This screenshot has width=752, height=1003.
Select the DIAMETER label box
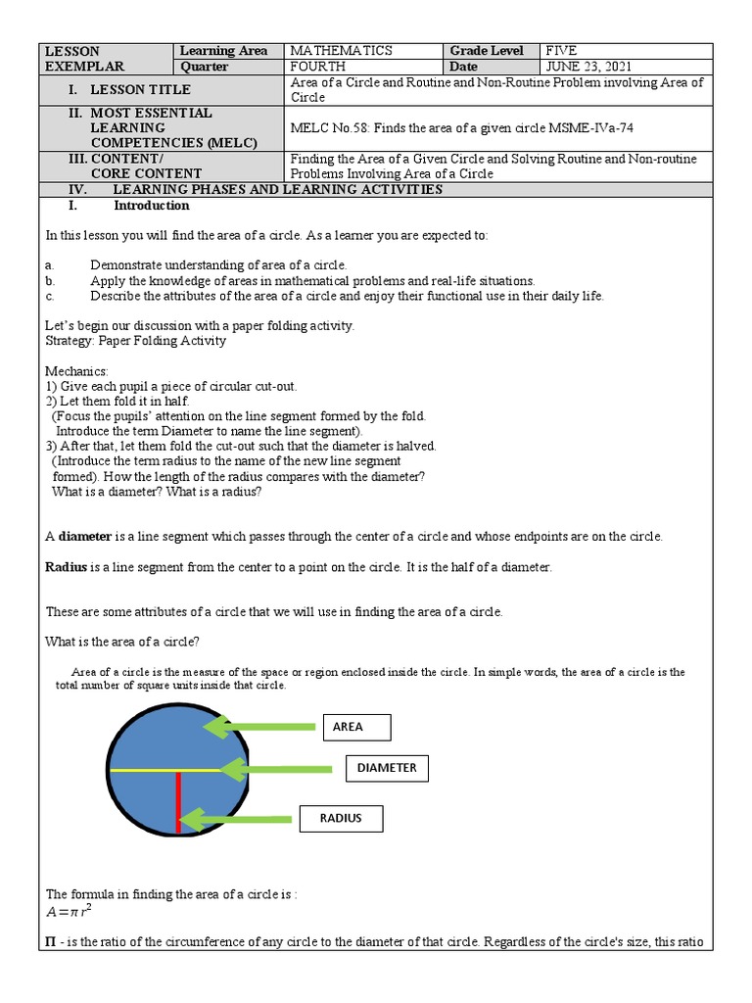pos(387,769)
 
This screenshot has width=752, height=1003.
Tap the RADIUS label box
pos(340,818)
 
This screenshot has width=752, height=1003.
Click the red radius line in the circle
pos(178,801)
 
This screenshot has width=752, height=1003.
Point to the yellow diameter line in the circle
pos(147,771)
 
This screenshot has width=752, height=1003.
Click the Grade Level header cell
pos(487,51)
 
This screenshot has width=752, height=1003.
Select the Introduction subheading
pos(151,207)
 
